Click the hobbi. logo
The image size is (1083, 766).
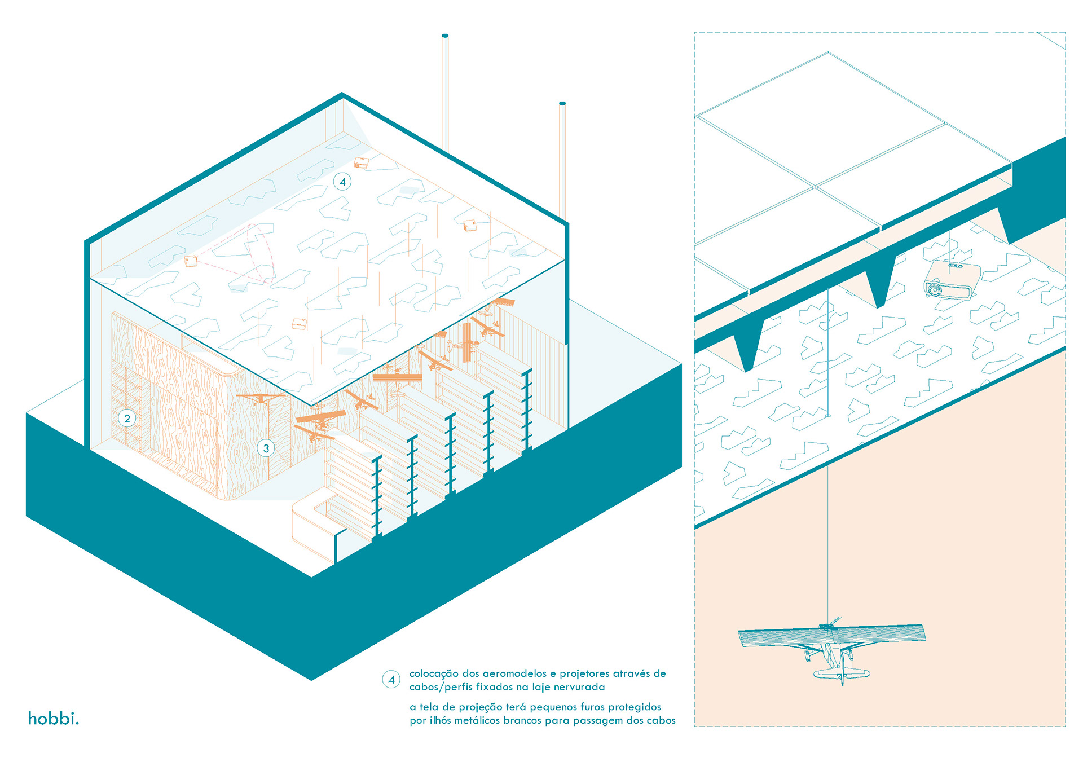coord(54,719)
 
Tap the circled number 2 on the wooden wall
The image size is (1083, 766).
coord(127,419)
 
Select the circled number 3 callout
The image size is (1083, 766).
coord(266,448)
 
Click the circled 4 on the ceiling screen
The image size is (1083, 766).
coord(342,182)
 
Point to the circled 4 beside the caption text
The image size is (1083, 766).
coord(391,680)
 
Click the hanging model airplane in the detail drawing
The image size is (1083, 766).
coord(833,649)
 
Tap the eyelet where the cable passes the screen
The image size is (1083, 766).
coord(827,416)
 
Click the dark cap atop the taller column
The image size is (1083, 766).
coord(445,36)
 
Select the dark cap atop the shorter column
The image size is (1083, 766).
coord(562,104)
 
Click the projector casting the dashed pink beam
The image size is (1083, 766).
coord(191,261)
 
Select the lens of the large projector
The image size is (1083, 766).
coord(934,290)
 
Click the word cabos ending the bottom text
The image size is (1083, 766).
coord(661,720)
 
